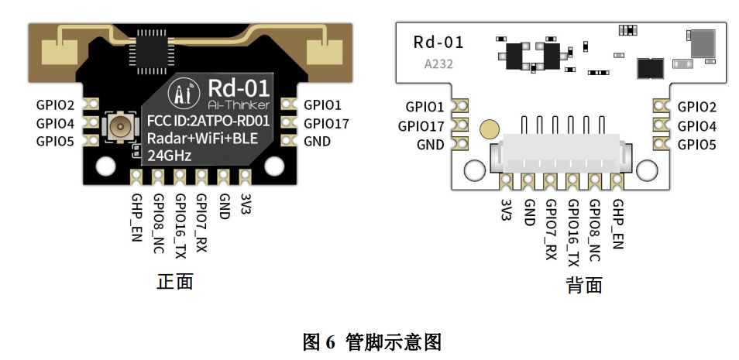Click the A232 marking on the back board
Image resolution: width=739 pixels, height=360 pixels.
coord(438,65)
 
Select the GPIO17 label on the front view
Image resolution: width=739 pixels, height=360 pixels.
coord(326,123)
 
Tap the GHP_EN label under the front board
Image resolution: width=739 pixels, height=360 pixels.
coord(136,218)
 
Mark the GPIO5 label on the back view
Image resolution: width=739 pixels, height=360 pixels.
coord(696,145)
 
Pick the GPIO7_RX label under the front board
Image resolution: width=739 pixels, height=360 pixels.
coord(201,222)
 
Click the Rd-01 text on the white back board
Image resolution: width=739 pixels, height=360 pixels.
coord(438,42)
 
